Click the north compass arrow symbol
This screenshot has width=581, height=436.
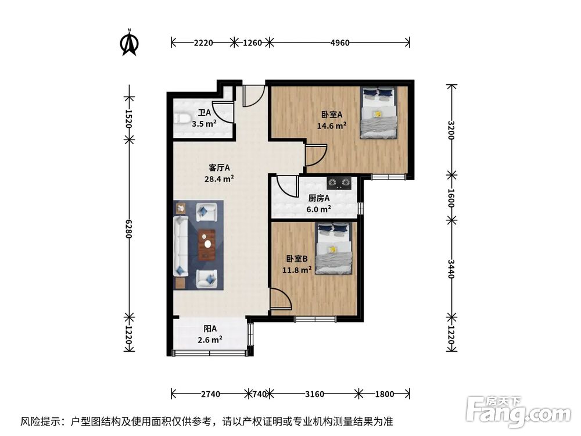tap(128, 44)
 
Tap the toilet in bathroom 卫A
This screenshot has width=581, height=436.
tap(184, 119)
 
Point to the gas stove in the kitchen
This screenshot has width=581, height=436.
tap(339, 183)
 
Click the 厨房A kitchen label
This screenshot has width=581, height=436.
tap(320, 198)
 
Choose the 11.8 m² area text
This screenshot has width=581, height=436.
tap(297, 270)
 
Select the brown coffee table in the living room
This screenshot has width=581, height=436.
tap(206, 245)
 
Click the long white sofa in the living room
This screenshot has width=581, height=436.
tap(181, 245)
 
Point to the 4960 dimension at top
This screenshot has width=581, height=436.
tap(339, 42)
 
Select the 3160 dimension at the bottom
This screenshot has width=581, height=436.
tap(314, 394)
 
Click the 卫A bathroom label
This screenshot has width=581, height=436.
tap(204, 113)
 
